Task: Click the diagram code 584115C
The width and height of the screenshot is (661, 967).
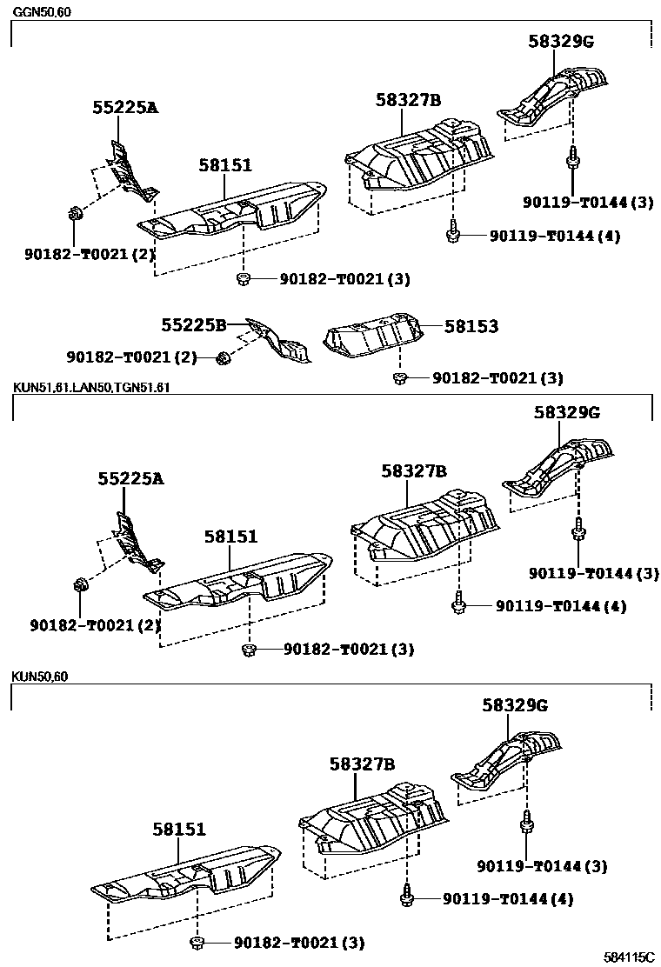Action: pos(630,956)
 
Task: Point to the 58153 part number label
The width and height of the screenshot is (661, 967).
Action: pos(471,326)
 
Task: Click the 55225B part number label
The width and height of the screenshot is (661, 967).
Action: pos(193,325)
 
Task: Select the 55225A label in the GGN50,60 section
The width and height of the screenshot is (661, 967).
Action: pos(125,108)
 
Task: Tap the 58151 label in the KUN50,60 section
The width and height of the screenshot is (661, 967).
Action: pos(179,830)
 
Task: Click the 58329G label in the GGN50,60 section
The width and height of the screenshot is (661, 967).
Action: pos(560,41)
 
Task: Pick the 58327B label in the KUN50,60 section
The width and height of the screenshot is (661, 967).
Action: pos(362,764)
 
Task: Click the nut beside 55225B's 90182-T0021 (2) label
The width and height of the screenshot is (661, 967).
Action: pos(223,357)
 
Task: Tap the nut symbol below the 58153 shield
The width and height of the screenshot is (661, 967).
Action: pos(400,377)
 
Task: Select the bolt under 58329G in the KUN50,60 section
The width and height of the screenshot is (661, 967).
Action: pos(525,822)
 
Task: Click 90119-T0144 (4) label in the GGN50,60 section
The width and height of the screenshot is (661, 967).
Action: pos(554,236)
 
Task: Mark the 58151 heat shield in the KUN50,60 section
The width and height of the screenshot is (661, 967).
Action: pos(187,872)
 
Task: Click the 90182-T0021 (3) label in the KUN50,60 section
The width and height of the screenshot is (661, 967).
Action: pos(298,943)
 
